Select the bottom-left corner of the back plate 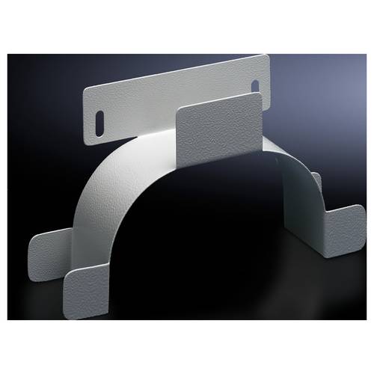(x=92, y=143)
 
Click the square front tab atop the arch (x=219, y=123)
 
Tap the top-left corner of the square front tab (x=179, y=111)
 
